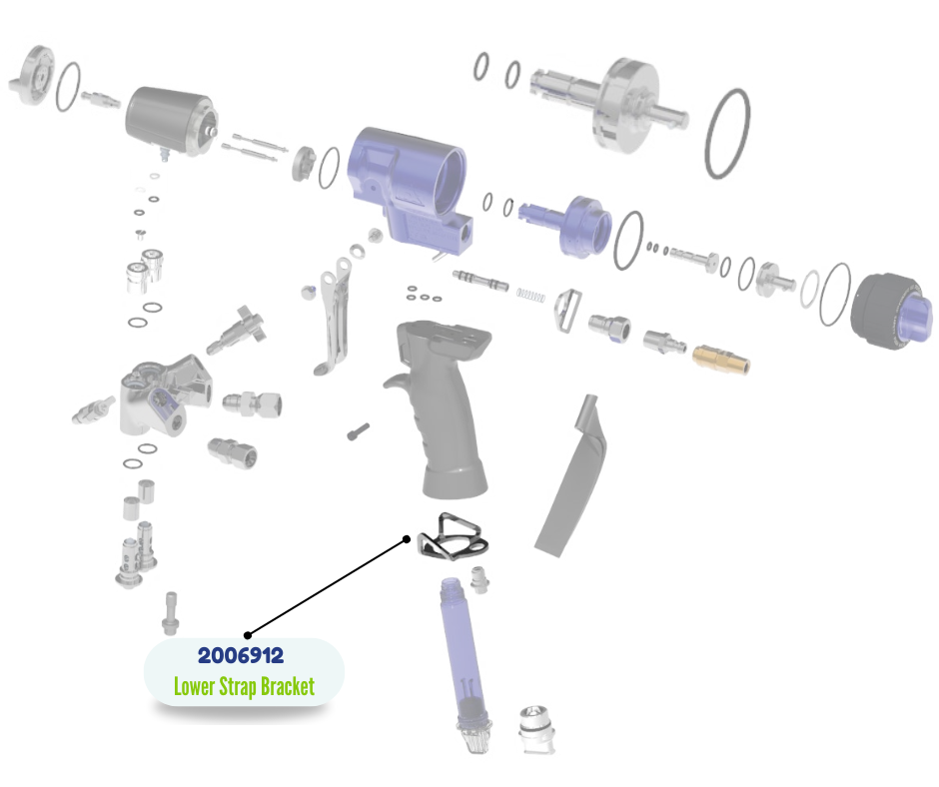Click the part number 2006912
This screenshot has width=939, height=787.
click(x=241, y=656)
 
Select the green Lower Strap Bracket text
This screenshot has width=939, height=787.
click(x=244, y=687)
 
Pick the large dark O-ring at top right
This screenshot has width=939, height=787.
click(x=728, y=134)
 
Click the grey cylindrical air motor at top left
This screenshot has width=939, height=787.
click(x=170, y=121)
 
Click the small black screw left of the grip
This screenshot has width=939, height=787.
click(x=359, y=431)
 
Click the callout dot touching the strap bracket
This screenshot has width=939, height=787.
click(x=408, y=539)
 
